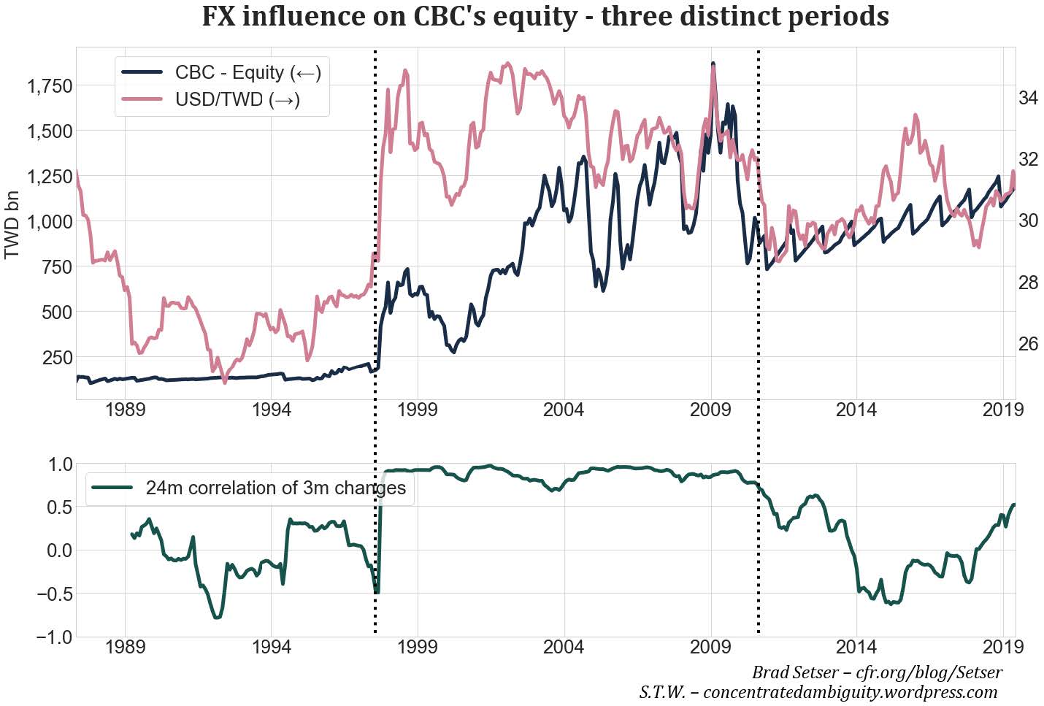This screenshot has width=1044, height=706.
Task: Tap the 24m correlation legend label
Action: point(275,488)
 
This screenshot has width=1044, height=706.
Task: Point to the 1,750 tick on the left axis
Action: point(49,86)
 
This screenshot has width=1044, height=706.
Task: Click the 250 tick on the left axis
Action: point(57,357)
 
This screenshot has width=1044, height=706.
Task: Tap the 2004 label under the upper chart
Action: point(564,409)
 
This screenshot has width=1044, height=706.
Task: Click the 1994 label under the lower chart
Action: point(271,647)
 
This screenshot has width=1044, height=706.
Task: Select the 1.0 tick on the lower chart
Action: point(55,464)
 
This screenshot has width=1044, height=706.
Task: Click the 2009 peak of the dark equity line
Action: point(713,65)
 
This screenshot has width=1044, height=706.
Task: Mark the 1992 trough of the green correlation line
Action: point(217,618)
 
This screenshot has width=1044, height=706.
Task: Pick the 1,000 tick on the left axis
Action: point(49,221)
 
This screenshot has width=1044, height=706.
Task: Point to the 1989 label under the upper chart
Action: point(125,409)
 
